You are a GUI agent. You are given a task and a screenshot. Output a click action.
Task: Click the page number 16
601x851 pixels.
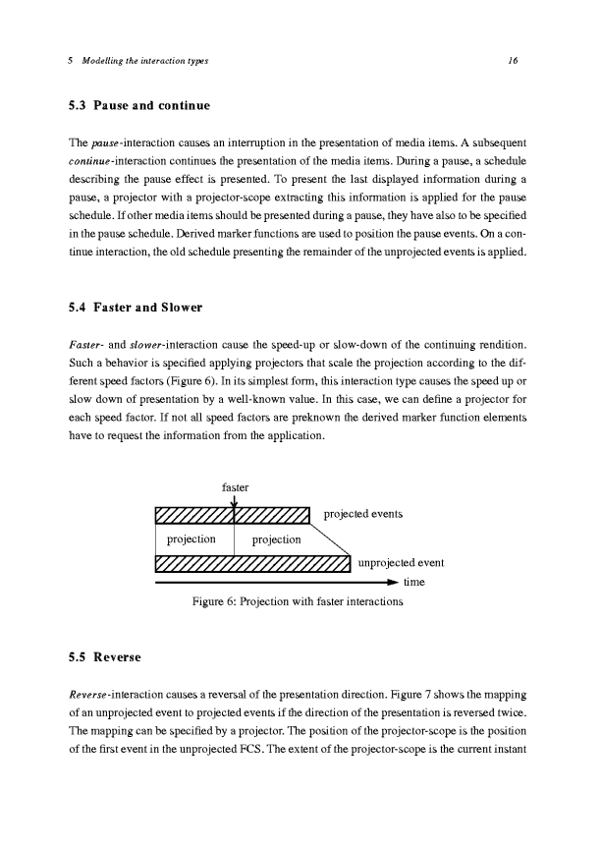point(513,61)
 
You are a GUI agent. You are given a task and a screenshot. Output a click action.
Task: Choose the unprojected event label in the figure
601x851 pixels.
point(402,564)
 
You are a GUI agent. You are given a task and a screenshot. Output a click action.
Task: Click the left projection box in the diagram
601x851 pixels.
point(193,539)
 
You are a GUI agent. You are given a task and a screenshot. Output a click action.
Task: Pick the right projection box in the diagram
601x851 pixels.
point(275,539)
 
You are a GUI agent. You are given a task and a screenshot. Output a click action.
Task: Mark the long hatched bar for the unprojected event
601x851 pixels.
point(252,564)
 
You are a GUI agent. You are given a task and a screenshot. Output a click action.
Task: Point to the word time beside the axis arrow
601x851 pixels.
point(415,582)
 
